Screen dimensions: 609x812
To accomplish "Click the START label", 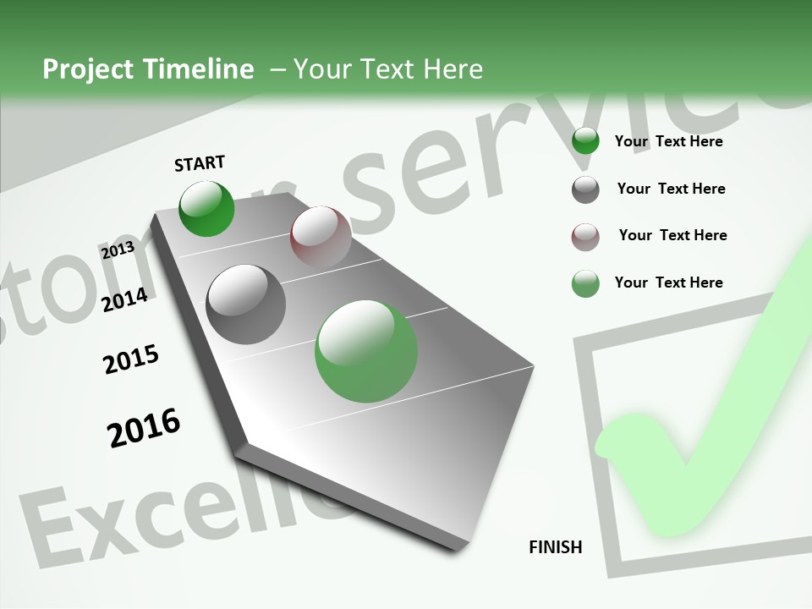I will point(200,163).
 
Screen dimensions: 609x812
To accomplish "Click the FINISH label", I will point(555,546).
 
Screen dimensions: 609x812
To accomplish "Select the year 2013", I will point(118,250).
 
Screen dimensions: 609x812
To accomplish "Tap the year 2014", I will point(125,299).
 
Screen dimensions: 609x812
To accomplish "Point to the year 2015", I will point(131,359).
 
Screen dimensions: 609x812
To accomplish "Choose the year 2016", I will point(144,428).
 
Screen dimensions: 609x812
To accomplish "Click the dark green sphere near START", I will point(206,208).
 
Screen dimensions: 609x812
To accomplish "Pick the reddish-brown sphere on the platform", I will point(321,237).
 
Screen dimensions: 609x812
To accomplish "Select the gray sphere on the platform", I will point(246,304).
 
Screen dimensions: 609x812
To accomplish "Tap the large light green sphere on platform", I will point(366,351).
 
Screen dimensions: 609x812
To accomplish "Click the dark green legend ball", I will point(585,140).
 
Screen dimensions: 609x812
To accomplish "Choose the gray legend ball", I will point(585,189).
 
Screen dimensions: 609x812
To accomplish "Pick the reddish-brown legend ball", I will point(585,237).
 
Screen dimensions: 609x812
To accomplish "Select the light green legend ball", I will point(585,283).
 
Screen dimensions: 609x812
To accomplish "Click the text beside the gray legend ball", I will point(671,189).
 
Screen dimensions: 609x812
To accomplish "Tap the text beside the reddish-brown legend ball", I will point(672,235).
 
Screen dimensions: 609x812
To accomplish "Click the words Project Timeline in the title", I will point(148,69).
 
